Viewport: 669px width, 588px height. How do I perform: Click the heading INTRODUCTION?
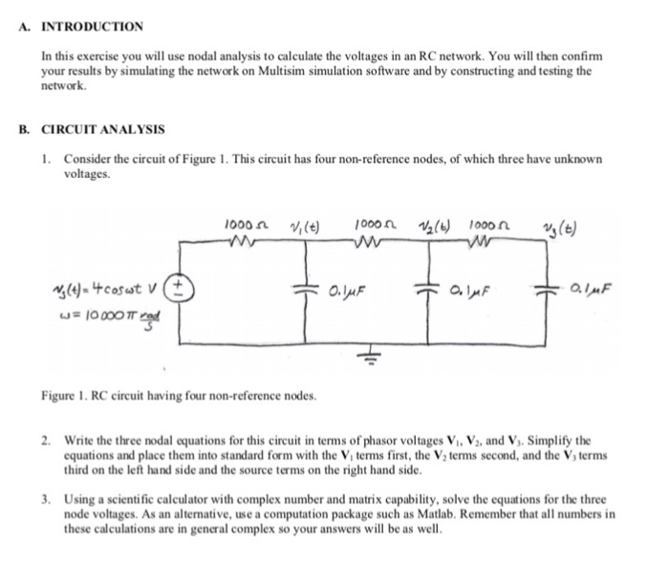[x=92, y=26]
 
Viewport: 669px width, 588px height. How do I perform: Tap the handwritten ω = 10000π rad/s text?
[x=104, y=310]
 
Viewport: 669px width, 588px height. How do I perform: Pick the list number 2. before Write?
[x=45, y=440]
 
